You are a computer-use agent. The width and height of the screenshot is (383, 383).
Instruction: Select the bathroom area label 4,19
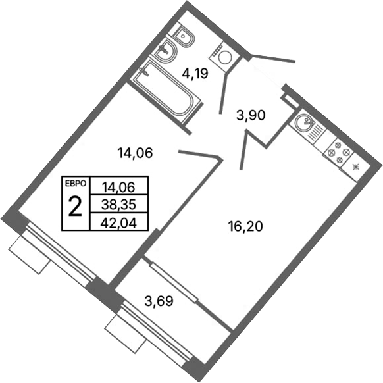click(x=195, y=73)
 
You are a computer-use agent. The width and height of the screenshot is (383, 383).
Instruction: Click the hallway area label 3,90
click(x=250, y=116)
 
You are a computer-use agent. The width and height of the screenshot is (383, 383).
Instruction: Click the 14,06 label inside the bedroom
click(x=135, y=153)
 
